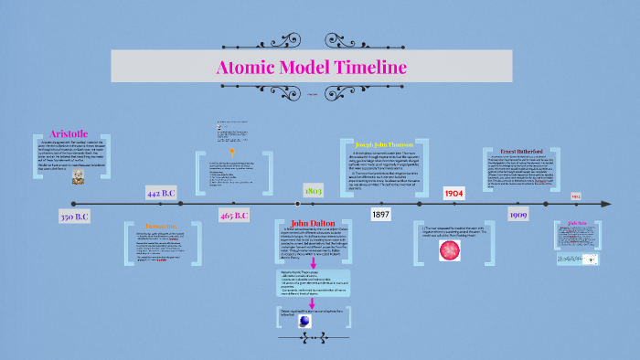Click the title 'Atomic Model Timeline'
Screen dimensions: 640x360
(x=311, y=67)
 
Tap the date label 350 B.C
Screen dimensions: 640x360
(x=74, y=217)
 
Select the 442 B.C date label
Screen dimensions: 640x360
(x=160, y=193)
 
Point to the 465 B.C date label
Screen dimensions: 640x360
(x=234, y=216)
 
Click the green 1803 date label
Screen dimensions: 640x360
(x=313, y=190)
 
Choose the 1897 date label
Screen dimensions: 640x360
(x=381, y=213)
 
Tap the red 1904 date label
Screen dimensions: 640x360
(x=454, y=194)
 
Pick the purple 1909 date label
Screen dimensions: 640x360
(x=517, y=215)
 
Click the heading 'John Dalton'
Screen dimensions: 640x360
(x=313, y=224)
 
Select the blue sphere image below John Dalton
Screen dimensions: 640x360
(x=293, y=321)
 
